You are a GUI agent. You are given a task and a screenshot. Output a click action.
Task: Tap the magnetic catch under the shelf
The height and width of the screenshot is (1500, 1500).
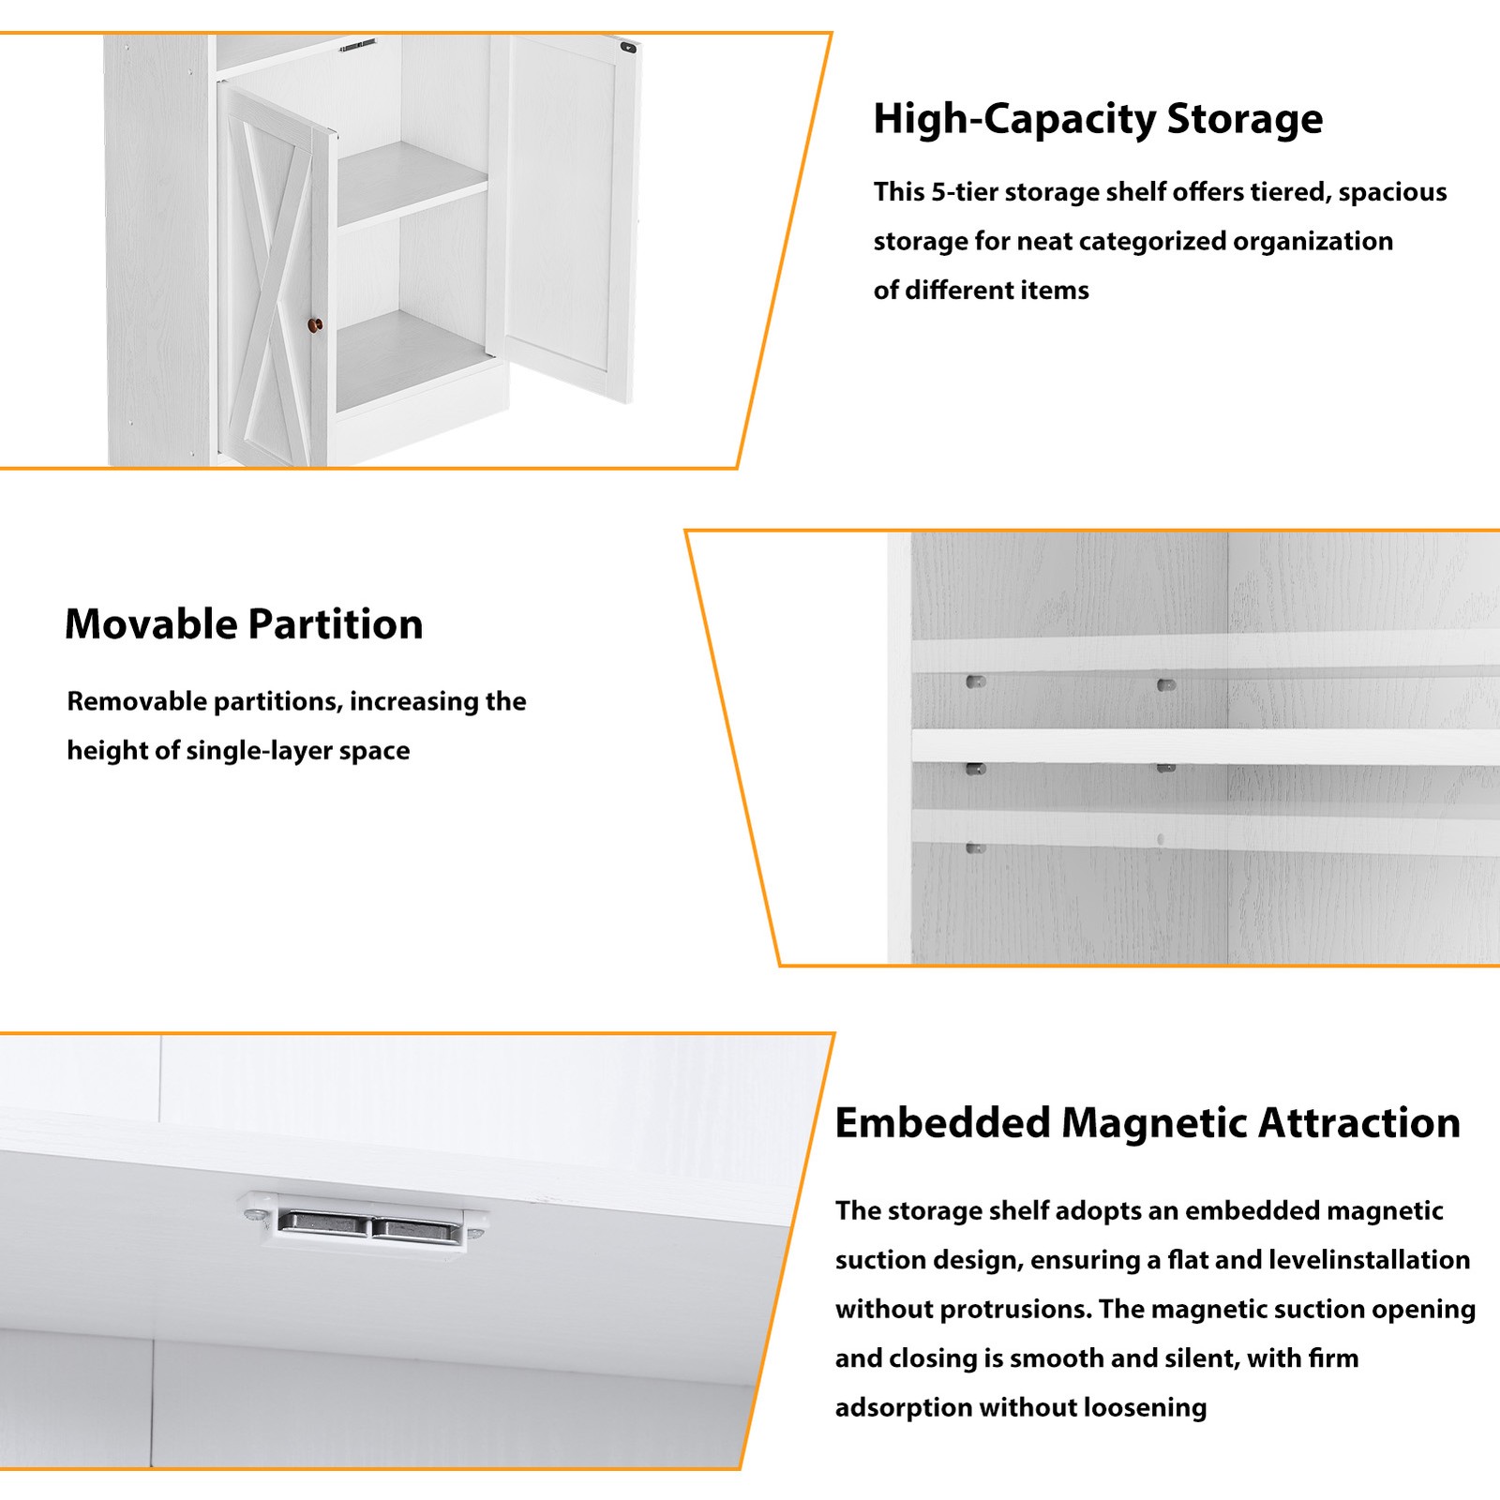pos(366,1221)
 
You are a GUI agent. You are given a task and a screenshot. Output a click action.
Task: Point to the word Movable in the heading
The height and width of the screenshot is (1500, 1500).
pos(151,624)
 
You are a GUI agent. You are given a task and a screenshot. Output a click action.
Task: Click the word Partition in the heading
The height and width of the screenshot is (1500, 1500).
pos(336,624)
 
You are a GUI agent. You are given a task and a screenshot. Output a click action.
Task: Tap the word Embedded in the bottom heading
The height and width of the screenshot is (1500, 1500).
pos(942,1123)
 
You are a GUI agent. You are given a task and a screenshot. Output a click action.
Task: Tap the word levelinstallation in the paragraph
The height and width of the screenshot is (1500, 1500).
pos(1370,1260)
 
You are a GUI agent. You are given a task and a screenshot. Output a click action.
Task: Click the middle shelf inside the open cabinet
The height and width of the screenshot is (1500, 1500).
pos(412,183)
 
